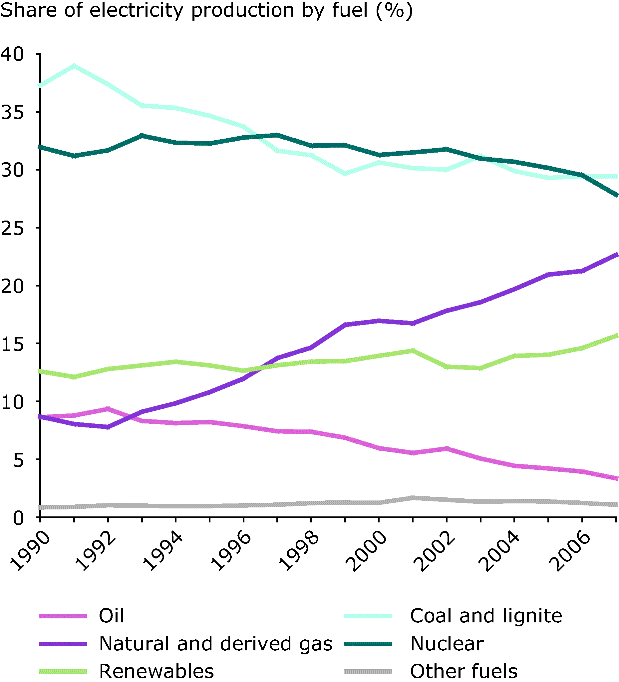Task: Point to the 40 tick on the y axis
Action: [x=13, y=54]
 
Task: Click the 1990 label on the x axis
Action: [x=30, y=551]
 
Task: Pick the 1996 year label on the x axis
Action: [x=231, y=551]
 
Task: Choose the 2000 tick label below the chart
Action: [x=366, y=551]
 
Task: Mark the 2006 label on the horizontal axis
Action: [x=569, y=551]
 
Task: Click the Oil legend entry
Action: [x=111, y=616]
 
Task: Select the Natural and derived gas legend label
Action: [x=215, y=643]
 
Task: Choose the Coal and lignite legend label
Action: [x=486, y=616]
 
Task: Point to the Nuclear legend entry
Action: [x=447, y=643]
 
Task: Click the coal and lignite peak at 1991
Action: [x=74, y=65]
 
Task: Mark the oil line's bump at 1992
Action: [x=108, y=409]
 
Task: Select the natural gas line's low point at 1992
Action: [x=108, y=427]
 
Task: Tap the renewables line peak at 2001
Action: [x=413, y=350]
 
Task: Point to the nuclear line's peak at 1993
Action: [x=142, y=136]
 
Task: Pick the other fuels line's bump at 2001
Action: [x=413, y=498]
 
